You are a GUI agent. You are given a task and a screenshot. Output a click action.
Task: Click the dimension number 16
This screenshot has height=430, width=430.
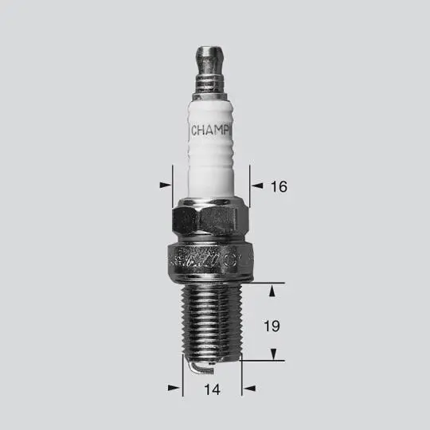click(278, 187)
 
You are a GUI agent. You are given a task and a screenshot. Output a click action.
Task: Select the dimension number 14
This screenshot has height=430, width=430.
click(212, 389)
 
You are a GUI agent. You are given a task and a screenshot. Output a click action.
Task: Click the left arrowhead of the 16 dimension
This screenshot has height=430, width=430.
click(166, 185)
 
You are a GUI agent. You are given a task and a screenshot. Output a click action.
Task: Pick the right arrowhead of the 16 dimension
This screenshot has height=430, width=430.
click(256, 185)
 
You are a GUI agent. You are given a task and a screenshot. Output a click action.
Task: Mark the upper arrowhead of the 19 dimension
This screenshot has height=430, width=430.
click(272, 291)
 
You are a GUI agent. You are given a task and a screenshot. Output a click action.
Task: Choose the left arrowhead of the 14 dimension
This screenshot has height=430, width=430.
click(174, 388)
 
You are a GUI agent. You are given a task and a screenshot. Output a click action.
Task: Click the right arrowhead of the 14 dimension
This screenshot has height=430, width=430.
click(250, 388)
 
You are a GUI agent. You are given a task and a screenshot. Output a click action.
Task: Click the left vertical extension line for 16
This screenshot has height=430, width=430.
click(173, 183)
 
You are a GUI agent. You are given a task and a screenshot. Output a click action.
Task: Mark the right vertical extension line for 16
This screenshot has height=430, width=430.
click(248, 183)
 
